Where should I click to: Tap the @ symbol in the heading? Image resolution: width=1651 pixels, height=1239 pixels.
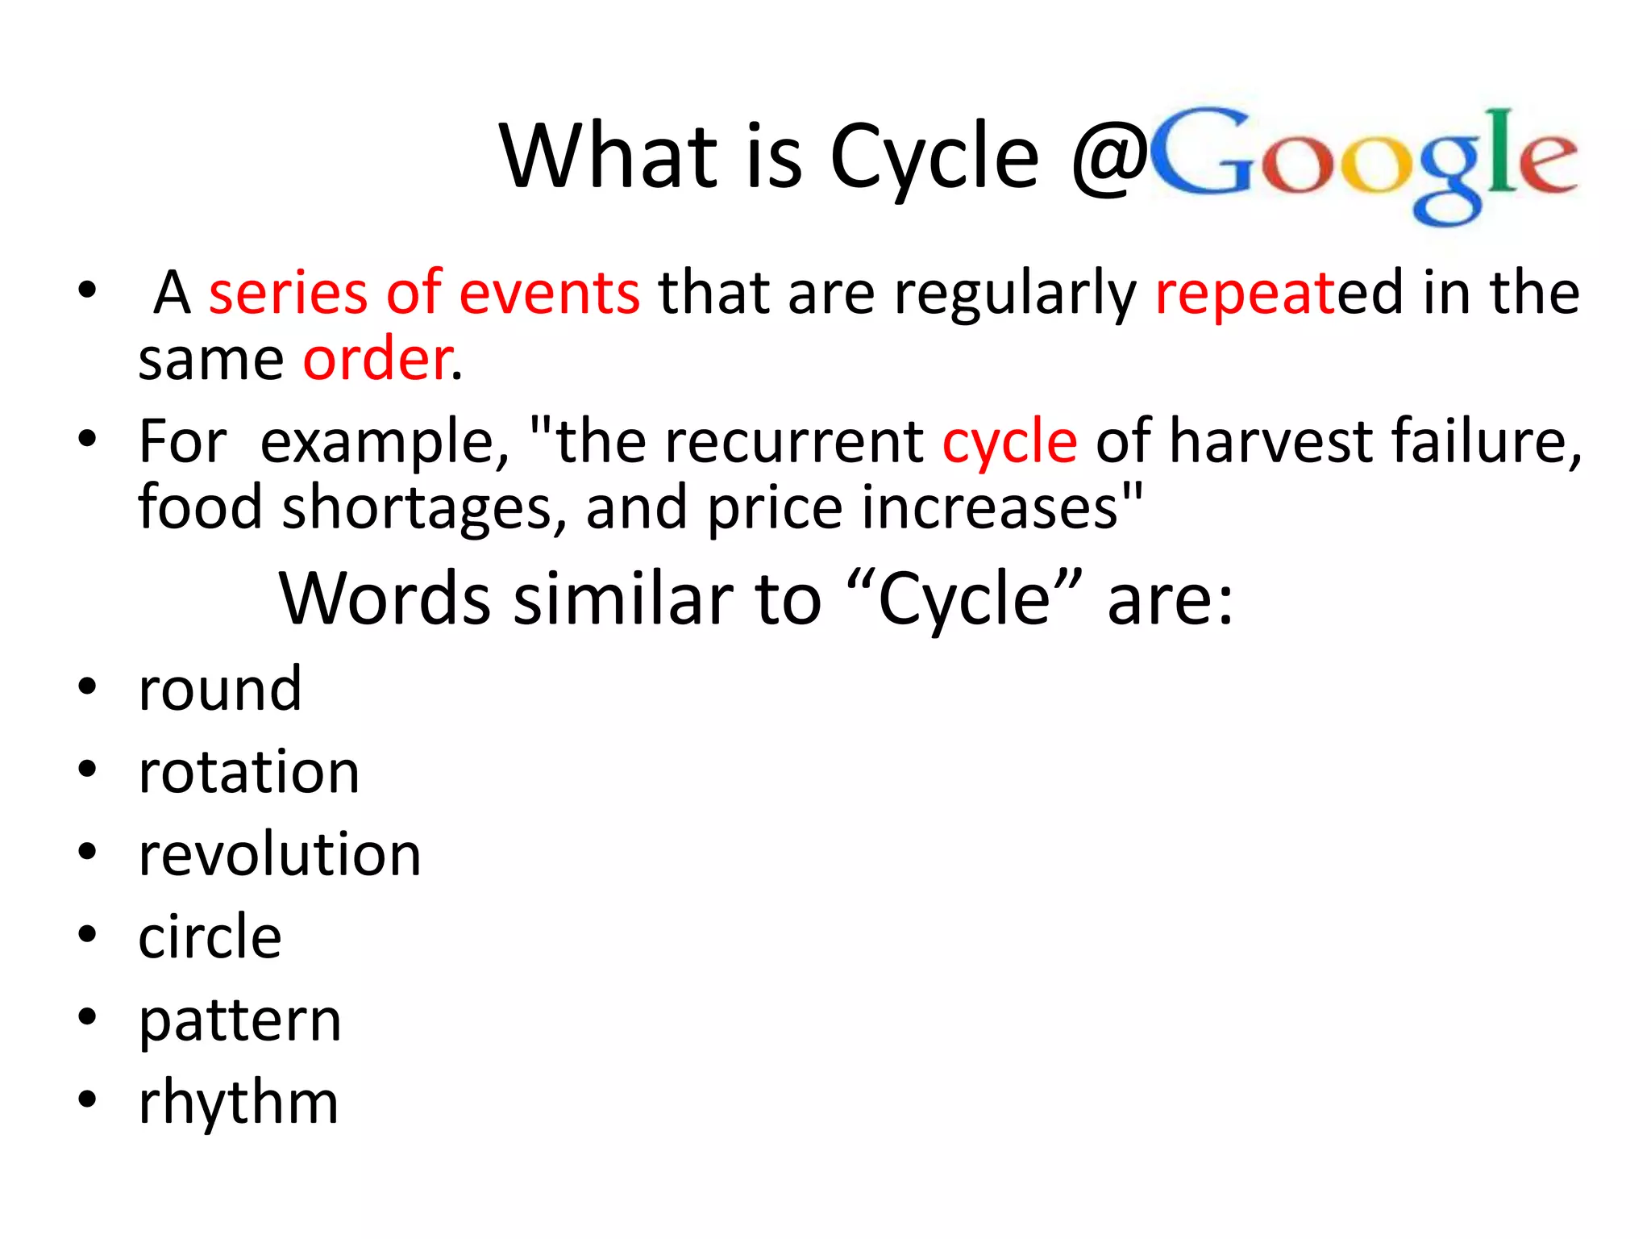pos(1108,157)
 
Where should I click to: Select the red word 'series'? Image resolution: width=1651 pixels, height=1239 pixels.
pos(288,292)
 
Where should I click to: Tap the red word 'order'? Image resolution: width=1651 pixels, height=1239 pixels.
pos(376,359)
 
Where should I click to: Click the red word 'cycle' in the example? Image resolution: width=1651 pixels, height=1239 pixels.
pos(1009,442)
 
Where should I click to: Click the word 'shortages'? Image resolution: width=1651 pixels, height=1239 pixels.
pos(417,509)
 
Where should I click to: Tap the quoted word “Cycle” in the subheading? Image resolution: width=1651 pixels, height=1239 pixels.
pos(963,599)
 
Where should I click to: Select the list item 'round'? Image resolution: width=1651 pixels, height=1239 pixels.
pos(219,689)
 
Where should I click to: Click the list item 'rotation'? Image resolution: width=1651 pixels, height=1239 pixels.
pos(248,772)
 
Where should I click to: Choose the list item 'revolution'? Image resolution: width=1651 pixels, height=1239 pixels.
pos(279,854)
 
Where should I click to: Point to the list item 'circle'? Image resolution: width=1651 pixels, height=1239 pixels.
pos(210,937)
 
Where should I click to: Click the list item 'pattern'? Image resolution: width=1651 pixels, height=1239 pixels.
pos(239,1021)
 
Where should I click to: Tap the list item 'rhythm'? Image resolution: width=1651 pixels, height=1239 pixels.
pos(238,1103)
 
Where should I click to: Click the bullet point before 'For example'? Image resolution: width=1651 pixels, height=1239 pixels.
pos(87,440)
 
